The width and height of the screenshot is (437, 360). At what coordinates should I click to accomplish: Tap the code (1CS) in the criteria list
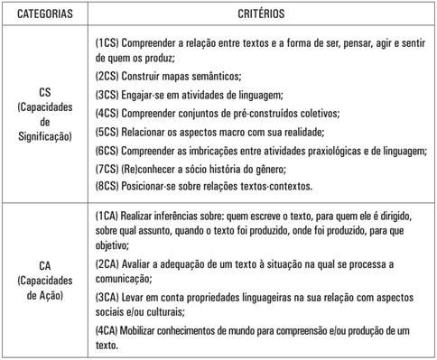(x=108, y=43)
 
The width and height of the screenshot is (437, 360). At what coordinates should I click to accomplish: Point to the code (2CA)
(x=108, y=263)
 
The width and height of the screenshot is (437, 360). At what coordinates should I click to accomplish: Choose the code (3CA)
(x=108, y=297)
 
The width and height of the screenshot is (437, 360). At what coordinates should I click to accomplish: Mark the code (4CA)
(x=108, y=329)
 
